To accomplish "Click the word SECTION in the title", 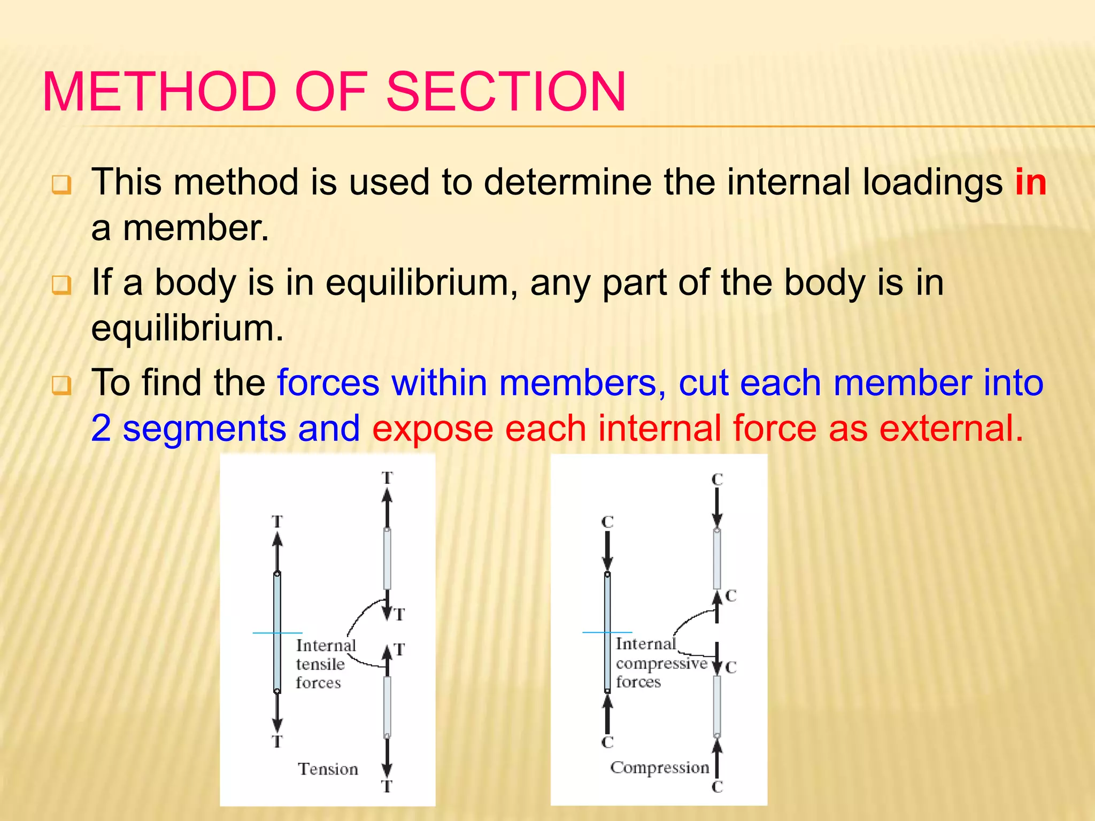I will pos(505,92).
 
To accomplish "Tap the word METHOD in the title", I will pos(158,92).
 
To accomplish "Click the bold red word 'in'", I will pos(1030,182).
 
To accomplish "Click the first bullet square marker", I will pos(61,185).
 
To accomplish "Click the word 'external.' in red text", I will pos(951,429).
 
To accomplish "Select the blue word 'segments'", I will pos(205,429).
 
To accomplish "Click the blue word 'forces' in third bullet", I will pos(328,383).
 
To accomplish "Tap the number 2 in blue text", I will pos(101,429).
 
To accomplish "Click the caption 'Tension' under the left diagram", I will pos(328,769).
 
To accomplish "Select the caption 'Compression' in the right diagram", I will pos(659,768).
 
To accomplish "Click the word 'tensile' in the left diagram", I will pos(320,664).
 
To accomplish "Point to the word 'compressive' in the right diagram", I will pos(661,663).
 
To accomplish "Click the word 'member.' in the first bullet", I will pos(196,228).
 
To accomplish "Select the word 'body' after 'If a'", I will pos(195,283).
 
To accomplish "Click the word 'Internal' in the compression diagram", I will pos(645,644).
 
